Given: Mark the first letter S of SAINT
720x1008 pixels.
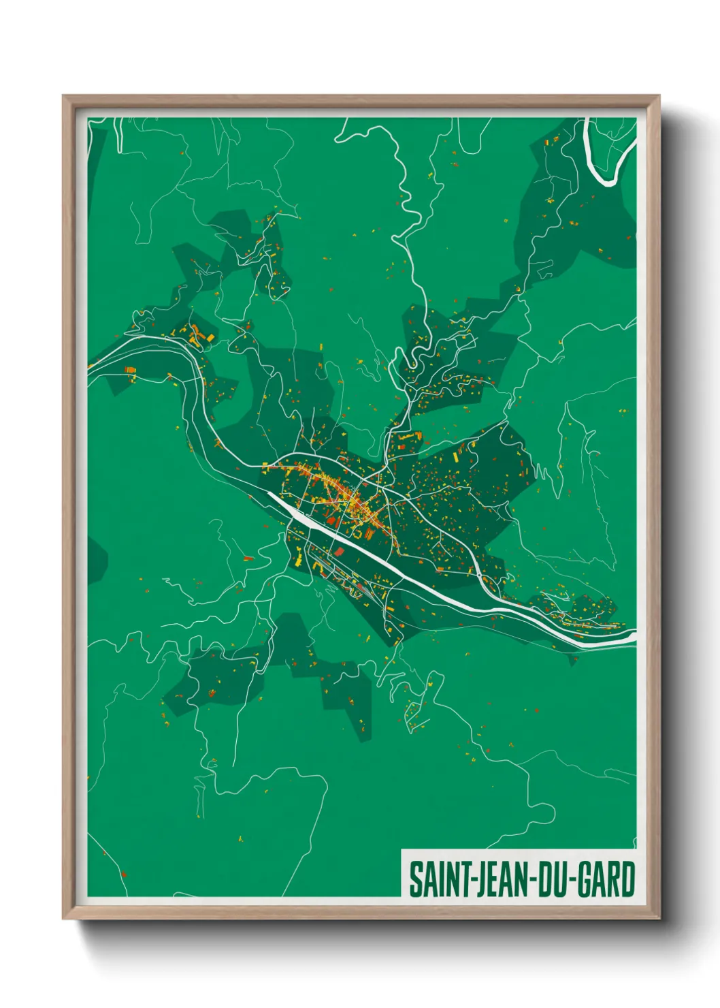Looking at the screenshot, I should [x=414, y=879].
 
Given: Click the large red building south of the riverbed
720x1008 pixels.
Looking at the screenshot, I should [x=339, y=552].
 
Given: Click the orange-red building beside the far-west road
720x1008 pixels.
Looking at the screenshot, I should [x=129, y=371].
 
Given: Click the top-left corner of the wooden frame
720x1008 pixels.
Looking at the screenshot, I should [x=63, y=96].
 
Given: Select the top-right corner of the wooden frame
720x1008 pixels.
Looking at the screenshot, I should [x=659, y=96].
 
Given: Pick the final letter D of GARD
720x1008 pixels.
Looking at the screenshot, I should [x=627, y=879].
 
